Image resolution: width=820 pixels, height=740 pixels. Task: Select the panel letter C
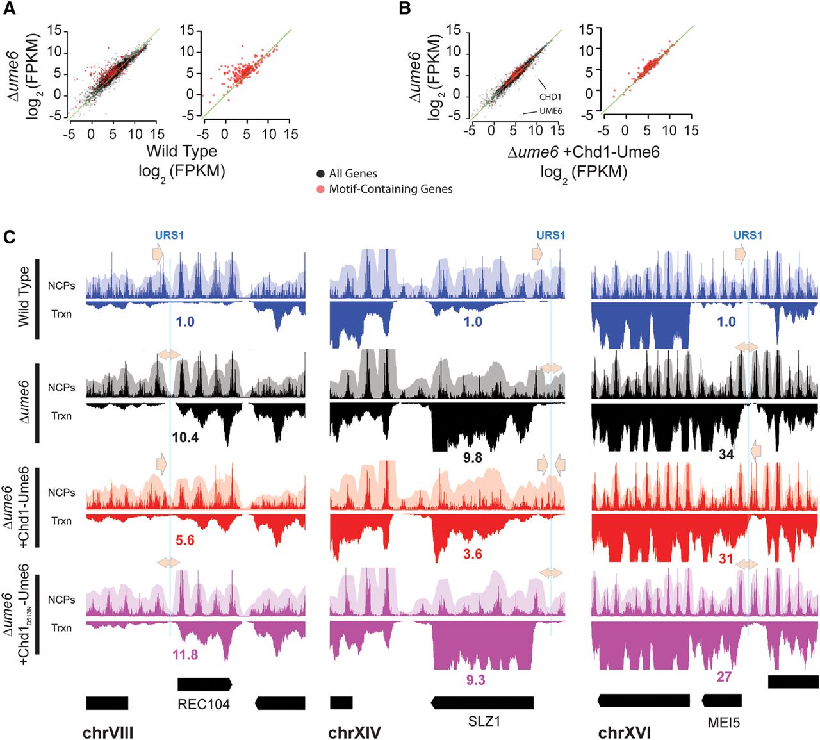[x=9, y=238]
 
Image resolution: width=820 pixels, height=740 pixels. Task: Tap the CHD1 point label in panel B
[x=550, y=97]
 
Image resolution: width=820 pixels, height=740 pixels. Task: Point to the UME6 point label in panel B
[x=550, y=111]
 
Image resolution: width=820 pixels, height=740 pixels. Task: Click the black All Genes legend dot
[x=320, y=174]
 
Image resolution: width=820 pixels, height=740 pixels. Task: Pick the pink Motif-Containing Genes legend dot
[x=320, y=189]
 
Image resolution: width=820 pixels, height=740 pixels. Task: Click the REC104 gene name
[x=204, y=705]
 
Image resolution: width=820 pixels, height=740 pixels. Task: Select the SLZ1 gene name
[x=484, y=721]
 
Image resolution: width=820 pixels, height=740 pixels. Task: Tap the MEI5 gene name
[x=723, y=723]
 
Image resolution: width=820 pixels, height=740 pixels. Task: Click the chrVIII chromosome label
[x=108, y=733]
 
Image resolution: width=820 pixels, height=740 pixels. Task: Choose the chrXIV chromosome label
[x=354, y=733]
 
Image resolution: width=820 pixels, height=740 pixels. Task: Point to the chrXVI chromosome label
[x=625, y=733]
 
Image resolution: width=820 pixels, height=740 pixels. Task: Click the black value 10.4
[x=185, y=438]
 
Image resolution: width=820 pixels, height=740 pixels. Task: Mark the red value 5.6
[x=185, y=541]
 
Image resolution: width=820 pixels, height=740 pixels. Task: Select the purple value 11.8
[x=185, y=655]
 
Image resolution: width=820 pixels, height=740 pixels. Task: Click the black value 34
[x=726, y=455]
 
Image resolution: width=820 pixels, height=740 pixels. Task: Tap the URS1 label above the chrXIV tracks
[x=550, y=235]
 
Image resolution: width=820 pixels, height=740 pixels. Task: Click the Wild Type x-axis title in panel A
[x=182, y=152]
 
